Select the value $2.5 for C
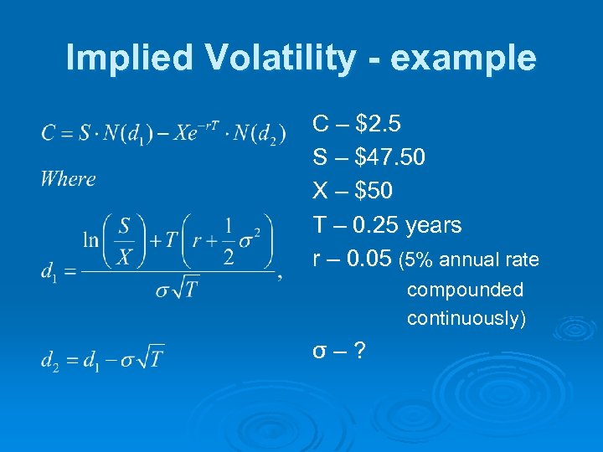tap(379, 125)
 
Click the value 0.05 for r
tap(369, 259)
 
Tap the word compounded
tap(465, 290)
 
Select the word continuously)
tap(466, 319)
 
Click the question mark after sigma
tap(359, 350)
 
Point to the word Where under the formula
tap(68, 178)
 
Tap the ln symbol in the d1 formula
tap(90, 240)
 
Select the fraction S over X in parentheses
tap(125, 239)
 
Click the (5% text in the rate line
tap(416, 260)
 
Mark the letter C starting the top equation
tap(47, 133)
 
